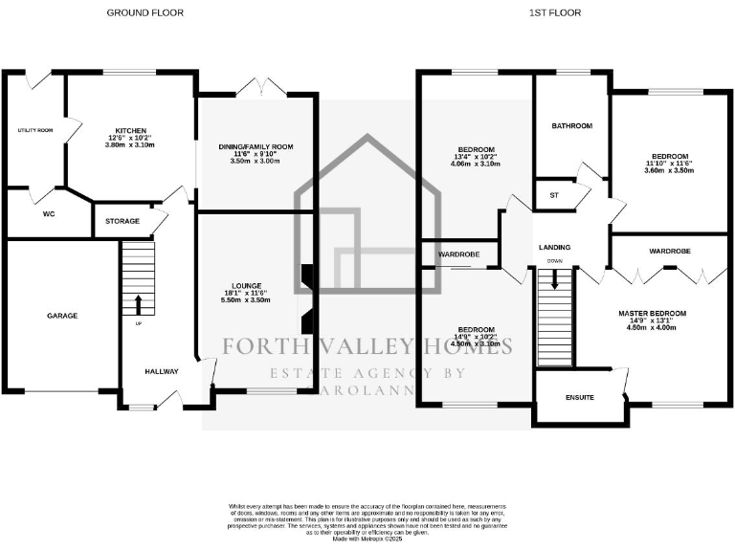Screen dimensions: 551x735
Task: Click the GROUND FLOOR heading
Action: pyautogui.click(x=145, y=12)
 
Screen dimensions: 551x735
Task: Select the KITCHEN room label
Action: pyautogui.click(x=129, y=131)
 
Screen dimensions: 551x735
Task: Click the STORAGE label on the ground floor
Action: pyautogui.click(x=122, y=221)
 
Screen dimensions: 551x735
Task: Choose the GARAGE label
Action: pyautogui.click(x=62, y=315)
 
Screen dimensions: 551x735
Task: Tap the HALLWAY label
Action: pyautogui.click(x=161, y=371)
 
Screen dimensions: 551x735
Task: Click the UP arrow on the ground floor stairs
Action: pyautogui.click(x=139, y=305)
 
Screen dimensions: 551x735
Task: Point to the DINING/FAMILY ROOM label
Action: pyautogui.click(x=255, y=146)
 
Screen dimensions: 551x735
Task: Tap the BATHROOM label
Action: pyautogui.click(x=571, y=125)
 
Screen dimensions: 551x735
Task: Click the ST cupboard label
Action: pyautogui.click(x=553, y=195)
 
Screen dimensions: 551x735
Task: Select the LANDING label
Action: pyautogui.click(x=554, y=247)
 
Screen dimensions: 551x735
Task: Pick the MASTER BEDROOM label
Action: pyautogui.click(x=650, y=313)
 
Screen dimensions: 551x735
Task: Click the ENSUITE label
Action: pyautogui.click(x=580, y=397)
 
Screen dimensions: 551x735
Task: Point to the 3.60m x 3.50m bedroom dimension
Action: pyautogui.click(x=669, y=170)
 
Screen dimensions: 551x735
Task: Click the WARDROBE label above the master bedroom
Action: pyautogui.click(x=669, y=251)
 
